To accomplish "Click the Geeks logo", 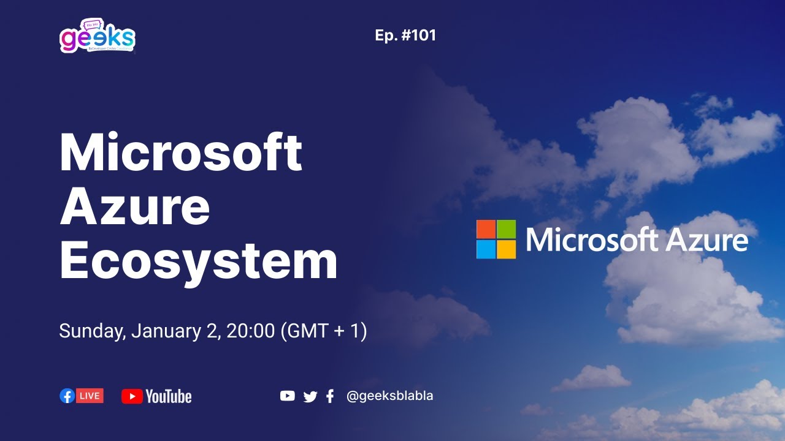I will pos(98,38).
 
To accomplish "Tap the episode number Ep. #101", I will pos(405,36).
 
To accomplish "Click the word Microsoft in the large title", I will pos(181,153).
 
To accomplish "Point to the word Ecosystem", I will pos(198,260).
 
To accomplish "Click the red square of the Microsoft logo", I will pos(486,229).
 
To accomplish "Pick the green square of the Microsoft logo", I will pos(507,229).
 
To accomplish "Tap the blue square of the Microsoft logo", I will pos(486,249).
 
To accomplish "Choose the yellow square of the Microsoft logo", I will pos(507,249).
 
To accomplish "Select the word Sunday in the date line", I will pos(91,332).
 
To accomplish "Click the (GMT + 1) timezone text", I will pos(323,331).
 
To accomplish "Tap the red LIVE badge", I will pos(90,396).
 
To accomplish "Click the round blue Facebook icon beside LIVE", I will pos(67,396).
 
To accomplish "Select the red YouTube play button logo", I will pos(132,396).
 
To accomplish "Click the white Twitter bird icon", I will pos(310,397).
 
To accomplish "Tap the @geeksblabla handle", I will pos(389,396).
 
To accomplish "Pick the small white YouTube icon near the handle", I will pos(287,396).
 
